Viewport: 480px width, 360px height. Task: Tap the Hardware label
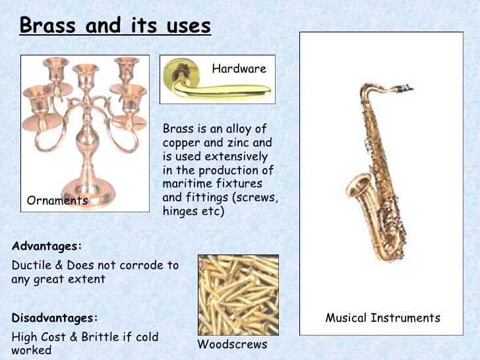pyautogui.click(x=239, y=69)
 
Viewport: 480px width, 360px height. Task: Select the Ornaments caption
pyautogui.click(x=57, y=200)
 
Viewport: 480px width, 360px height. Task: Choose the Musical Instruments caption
pyautogui.click(x=382, y=318)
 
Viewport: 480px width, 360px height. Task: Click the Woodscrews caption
pyautogui.click(x=232, y=344)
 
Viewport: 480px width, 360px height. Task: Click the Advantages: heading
pyautogui.click(x=47, y=246)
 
